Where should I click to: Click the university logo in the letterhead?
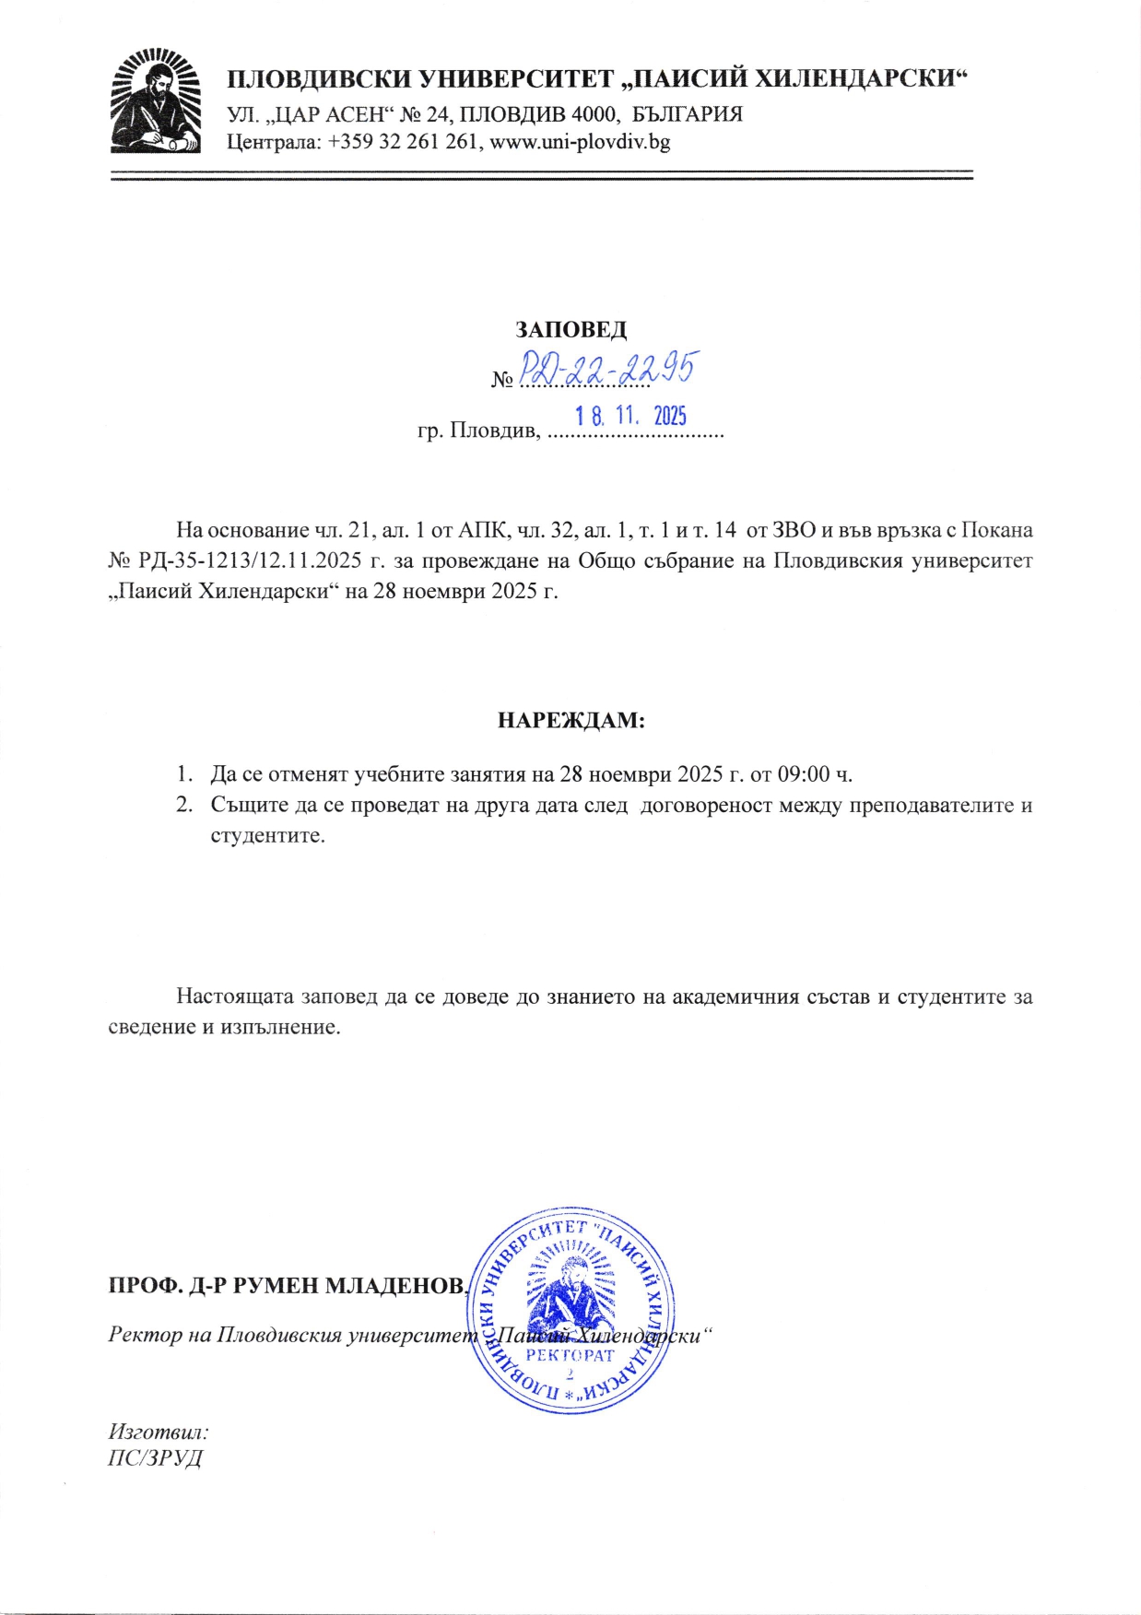(x=155, y=102)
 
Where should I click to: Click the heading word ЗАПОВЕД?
(x=570, y=330)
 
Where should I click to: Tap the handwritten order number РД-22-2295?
(x=606, y=371)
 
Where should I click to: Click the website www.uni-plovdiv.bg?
(x=581, y=142)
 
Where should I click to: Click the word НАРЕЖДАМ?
(x=570, y=720)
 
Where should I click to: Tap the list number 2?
(x=184, y=805)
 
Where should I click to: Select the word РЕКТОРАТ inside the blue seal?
(x=570, y=1355)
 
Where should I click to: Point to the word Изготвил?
(x=159, y=1432)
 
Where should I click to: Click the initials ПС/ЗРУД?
(x=155, y=1458)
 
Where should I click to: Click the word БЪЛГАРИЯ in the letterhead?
(x=688, y=114)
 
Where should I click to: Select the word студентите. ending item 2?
(x=267, y=837)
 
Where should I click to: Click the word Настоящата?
(x=235, y=996)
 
